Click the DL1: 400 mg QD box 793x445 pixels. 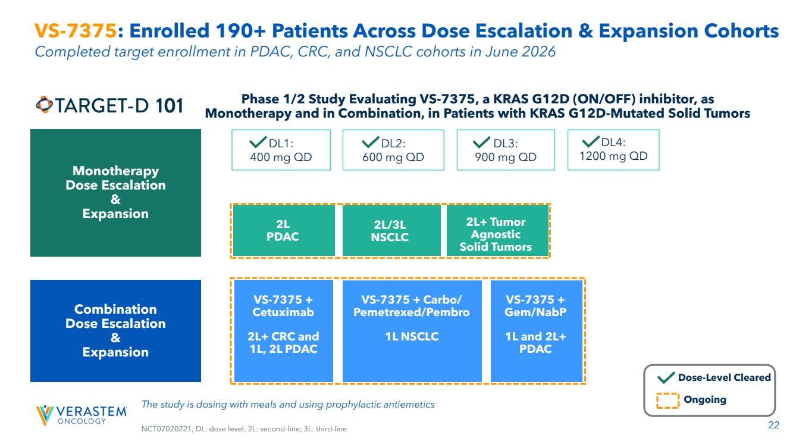(x=281, y=150)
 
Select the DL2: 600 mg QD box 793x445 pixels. (x=393, y=150)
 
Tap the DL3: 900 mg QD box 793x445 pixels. (x=506, y=150)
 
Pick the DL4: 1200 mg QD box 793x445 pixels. (x=613, y=150)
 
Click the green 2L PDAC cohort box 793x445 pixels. (x=284, y=231)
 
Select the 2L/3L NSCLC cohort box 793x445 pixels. (x=391, y=231)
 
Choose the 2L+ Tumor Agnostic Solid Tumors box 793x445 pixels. (x=497, y=231)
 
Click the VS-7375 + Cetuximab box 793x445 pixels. (x=283, y=331)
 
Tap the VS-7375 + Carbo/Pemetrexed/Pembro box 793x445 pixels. (x=412, y=331)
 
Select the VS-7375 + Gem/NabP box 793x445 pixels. (x=537, y=331)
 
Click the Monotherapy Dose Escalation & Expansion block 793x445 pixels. (x=115, y=192)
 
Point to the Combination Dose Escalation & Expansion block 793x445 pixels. (x=115, y=331)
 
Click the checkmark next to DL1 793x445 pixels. (x=258, y=142)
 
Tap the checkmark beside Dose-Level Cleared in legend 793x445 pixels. (x=666, y=377)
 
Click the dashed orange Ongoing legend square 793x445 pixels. (x=667, y=400)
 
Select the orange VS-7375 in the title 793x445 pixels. (x=76, y=30)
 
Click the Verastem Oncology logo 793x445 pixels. (x=81, y=415)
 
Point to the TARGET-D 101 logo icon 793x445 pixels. (x=44, y=105)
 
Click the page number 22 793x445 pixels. (x=773, y=425)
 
